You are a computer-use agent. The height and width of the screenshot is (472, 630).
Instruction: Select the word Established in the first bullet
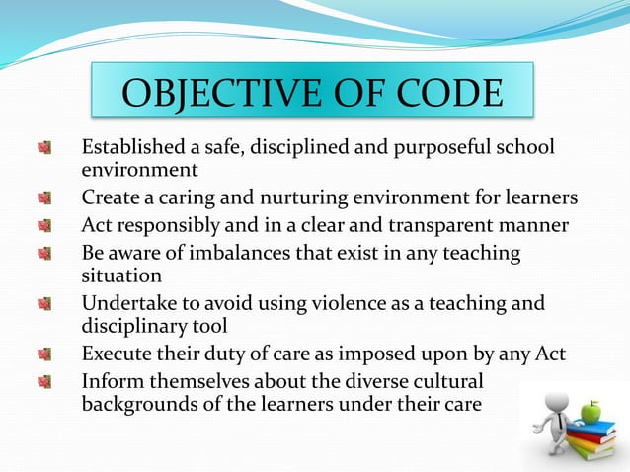tap(135, 148)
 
